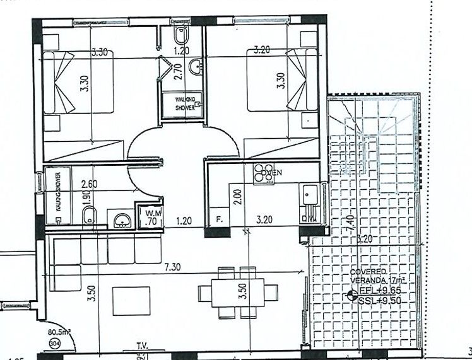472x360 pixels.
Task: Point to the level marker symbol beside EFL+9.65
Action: tap(351, 294)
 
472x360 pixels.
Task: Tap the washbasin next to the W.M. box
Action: tap(121, 219)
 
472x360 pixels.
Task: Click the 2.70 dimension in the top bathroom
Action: tap(177, 69)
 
